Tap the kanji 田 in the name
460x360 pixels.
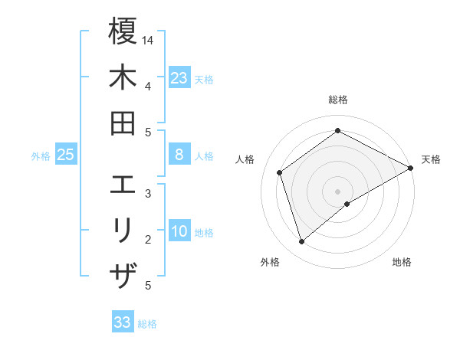coord(123,123)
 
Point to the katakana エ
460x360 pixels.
coord(123,185)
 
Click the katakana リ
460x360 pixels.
coord(123,231)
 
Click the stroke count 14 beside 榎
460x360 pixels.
coord(148,40)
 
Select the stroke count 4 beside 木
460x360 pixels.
coord(148,86)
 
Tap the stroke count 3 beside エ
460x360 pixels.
coord(148,194)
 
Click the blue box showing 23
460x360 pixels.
coord(179,77)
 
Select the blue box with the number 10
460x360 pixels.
coord(179,232)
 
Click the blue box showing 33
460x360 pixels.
coord(123,322)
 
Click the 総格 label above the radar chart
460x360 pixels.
coord(338,100)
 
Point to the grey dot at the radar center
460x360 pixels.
coord(338,190)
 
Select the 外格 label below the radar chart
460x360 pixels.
coord(270,263)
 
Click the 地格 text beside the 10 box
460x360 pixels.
coord(204,233)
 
